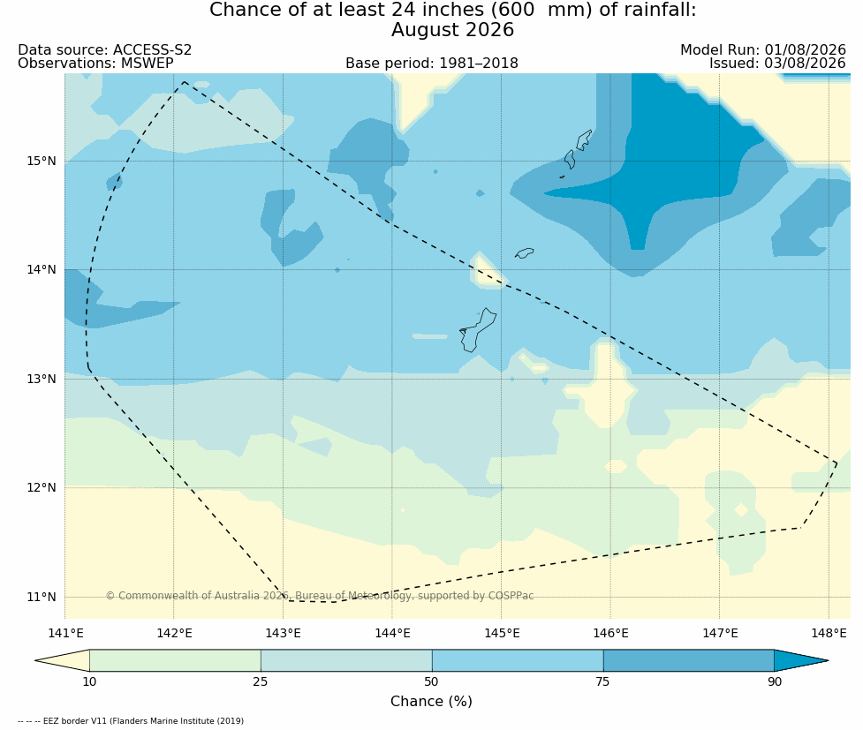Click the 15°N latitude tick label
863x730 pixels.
point(42,162)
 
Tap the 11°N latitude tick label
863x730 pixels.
point(42,597)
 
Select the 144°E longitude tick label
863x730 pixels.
point(392,633)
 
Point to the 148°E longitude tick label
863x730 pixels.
point(829,633)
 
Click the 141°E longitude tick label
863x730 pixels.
point(65,633)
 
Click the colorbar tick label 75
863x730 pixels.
point(602,682)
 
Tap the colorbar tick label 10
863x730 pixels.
point(89,682)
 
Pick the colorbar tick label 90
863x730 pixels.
point(775,682)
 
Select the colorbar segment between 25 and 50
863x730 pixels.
point(346,660)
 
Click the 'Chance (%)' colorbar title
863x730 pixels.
point(431,702)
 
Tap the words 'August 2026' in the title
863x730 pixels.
point(452,30)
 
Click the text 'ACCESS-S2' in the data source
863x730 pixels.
point(153,50)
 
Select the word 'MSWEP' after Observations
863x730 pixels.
point(147,64)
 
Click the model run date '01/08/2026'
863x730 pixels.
point(805,50)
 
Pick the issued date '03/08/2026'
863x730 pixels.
point(805,64)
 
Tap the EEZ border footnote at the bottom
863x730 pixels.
point(131,720)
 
